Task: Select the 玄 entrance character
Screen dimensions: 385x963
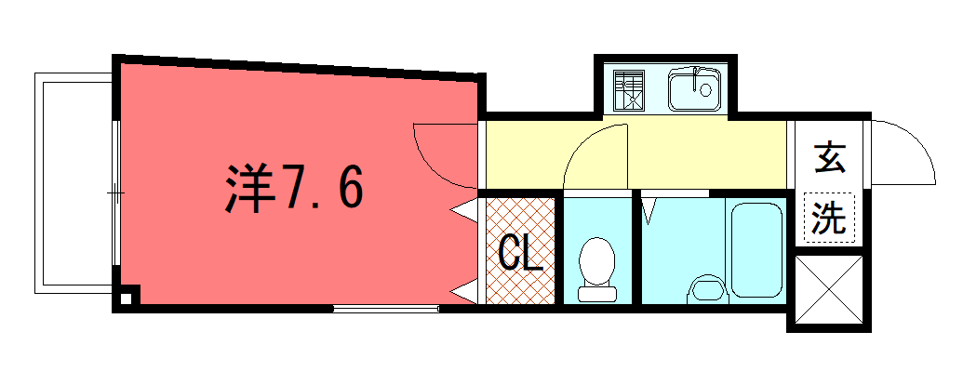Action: (x=829, y=159)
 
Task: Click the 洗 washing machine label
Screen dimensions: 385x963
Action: (x=827, y=218)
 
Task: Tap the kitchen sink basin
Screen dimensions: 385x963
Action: (x=689, y=90)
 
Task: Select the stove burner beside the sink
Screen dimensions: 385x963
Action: (x=629, y=91)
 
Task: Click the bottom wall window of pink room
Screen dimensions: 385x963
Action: (x=385, y=307)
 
